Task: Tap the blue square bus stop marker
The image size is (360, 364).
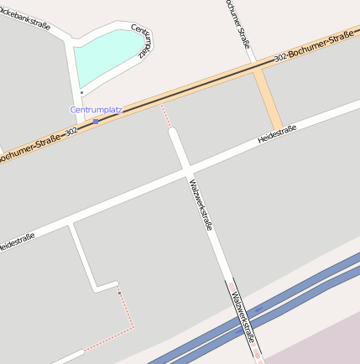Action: (x=96, y=122)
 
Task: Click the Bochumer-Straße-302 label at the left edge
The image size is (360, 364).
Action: (x=38, y=143)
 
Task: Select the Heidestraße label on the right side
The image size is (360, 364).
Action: (x=276, y=133)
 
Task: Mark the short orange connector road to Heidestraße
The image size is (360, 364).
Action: (x=268, y=99)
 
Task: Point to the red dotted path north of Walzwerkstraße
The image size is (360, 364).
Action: (x=166, y=116)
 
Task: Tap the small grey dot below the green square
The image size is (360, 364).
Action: (x=81, y=92)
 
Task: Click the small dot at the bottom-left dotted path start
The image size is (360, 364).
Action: (x=119, y=292)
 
